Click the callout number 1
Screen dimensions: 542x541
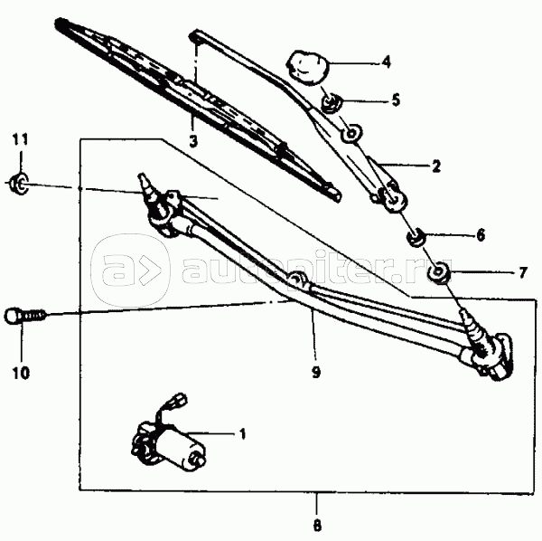[x=243, y=433]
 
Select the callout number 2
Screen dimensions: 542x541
[x=436, y=166]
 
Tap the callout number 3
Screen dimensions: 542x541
[x=193, y=141]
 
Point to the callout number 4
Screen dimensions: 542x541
[x=387, y=62]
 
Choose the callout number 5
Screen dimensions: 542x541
[x=396, y=100]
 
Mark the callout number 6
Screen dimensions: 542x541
[x=481, y=235]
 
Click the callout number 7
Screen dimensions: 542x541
[x=523, y=272]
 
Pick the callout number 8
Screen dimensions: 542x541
[x=317, y=526]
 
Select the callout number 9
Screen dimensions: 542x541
[x=316, y=373]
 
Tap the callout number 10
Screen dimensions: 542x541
[x=21, y=373]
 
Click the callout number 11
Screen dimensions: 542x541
[x=20, y=139]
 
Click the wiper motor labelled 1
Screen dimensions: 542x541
[x=169, y=446]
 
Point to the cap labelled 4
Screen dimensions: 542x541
[x=307, y=68]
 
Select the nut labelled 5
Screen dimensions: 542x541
[x=332, y=103]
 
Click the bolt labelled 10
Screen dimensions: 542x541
[x=25, y=316]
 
